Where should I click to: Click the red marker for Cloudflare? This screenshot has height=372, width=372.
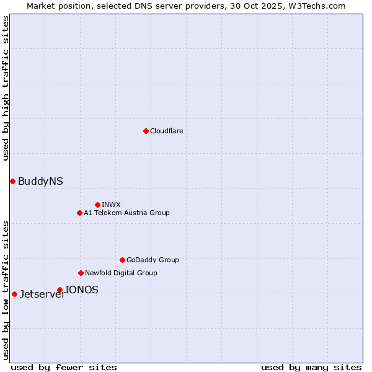pyautogui.click(x=146, y=131)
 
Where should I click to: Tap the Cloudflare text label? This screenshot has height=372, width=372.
pyautogui.click(x=167, y=131)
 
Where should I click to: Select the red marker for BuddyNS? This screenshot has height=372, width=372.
pyautogui.click(x=12, y=181)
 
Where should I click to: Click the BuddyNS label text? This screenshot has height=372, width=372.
pyautogui.click(x=40, y=182)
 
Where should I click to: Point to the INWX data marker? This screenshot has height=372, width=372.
pyautogui.click(x=97, y=205)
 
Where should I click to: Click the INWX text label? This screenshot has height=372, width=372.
pyautogui.click(x=111, y=205)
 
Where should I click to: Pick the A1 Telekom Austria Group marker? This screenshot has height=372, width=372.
pyautogui.click(x=79, y=213)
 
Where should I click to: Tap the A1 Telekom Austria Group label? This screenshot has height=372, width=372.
pyautogui.click(x=126, y=213)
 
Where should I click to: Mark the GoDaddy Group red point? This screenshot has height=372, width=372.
pyautogui.click(x=122, y=260)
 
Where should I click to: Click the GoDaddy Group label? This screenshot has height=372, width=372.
pyautogui.click(x=153, y=260)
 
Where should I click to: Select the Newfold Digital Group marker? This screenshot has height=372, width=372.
pyautogui.click(x=81, y=273)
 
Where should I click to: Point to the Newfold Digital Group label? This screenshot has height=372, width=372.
pyautogui.click(x=121, y=273)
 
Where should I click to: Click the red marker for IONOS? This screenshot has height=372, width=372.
pyautogui.click(x=60, y=290)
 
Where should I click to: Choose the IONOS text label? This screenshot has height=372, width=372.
pyautogui.click(x=82, y=290)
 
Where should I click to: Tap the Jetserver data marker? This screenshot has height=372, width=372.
pyautogui.click(x=14, y=294)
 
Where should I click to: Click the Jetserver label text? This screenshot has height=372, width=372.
pyautogui.click(x=42, y=294)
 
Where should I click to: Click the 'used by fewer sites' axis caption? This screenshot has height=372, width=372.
pyautogui.click(x=64, y=367)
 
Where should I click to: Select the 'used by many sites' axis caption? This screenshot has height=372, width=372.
pyautogui.click(x=311, y=367)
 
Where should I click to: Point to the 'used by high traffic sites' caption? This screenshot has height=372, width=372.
pyautogui.click(x=6, y=88)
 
